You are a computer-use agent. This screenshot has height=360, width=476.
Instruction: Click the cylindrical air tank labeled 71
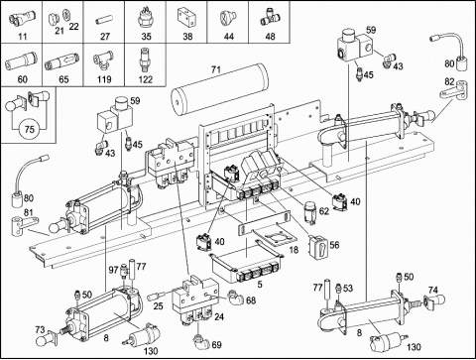pos(220,88)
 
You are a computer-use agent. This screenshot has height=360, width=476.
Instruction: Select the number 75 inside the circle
pos(30,129)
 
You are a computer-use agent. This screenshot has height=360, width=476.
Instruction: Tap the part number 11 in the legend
pos(22,36)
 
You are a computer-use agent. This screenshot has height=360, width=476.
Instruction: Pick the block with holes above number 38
pos(187,18)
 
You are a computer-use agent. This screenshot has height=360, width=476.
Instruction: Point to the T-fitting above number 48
pos(270,17)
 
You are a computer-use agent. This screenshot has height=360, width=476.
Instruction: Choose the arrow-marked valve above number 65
pos(62,61)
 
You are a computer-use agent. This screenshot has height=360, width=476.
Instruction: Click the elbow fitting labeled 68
pos(235,298)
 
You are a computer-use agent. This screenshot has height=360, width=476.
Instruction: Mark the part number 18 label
pos(294,249)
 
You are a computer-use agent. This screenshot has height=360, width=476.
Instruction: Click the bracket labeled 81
pos(25,225)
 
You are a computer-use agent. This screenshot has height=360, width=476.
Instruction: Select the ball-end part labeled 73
pos(48,338)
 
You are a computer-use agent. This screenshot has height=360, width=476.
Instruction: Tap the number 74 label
pos(433,290)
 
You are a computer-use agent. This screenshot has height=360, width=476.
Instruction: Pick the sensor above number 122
pos(145,60)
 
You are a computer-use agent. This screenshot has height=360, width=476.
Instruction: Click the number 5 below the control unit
pos(260,284)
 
